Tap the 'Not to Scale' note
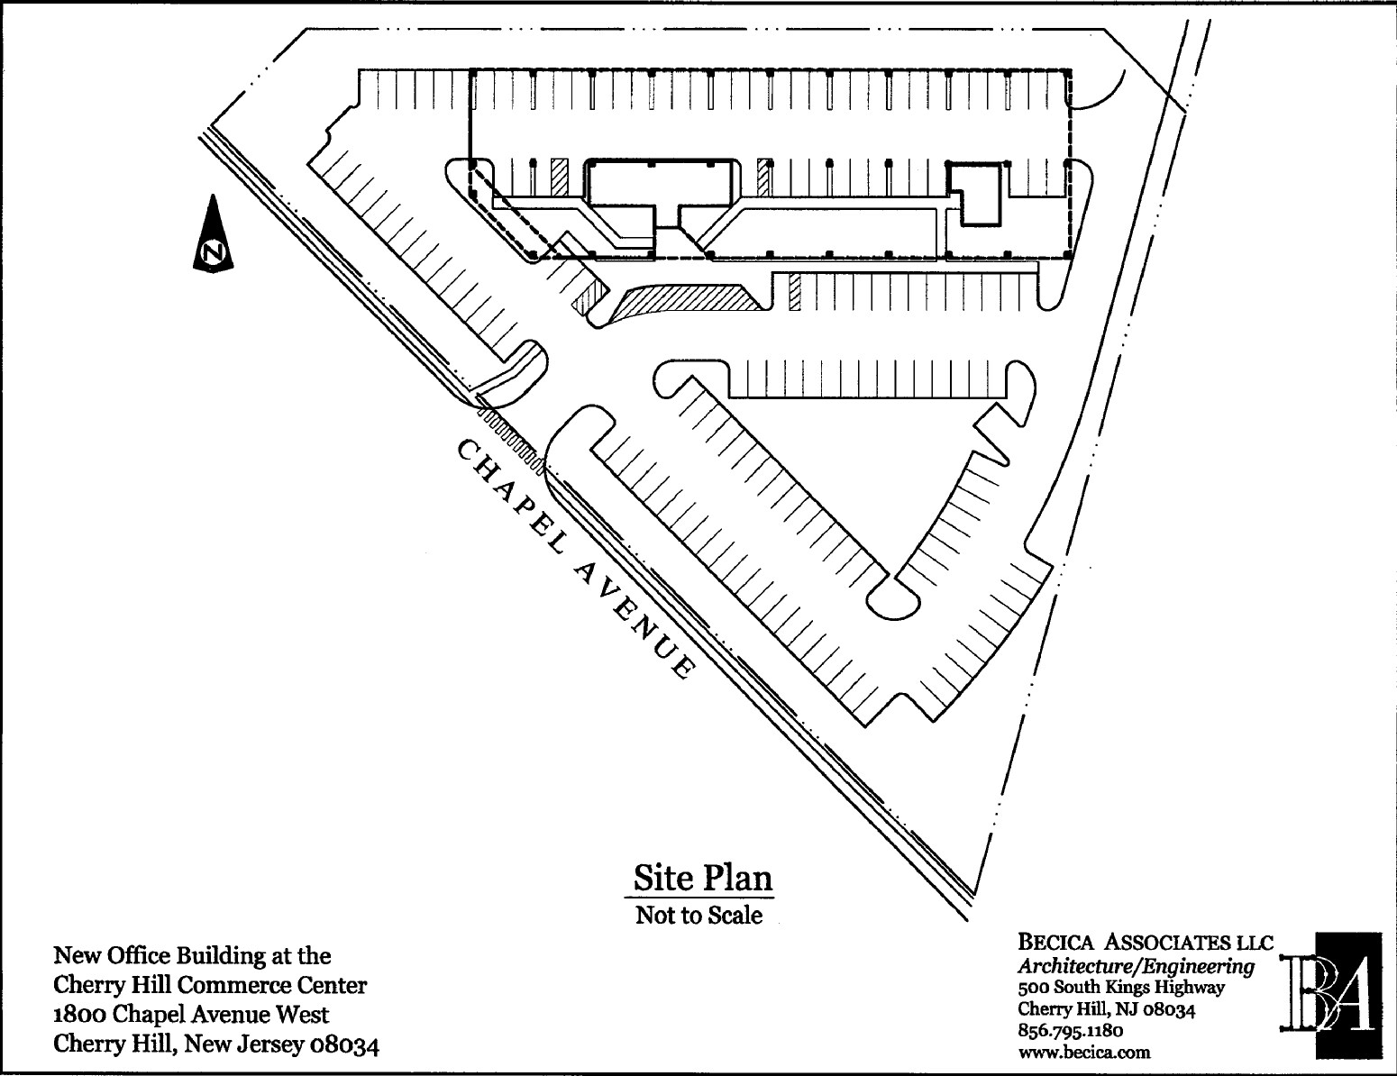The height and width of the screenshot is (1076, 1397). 698,916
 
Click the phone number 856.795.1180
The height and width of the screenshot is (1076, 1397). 1071,1030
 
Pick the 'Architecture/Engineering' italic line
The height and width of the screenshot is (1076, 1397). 1136,966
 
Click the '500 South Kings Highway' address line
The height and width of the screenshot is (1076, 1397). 1121,988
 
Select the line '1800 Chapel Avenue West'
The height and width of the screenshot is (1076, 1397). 192,1015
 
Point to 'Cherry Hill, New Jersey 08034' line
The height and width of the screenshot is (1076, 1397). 216,1044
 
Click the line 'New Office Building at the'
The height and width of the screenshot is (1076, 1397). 193,955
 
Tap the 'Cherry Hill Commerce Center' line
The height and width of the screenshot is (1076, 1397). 211,985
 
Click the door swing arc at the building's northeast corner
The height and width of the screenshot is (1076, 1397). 1101,94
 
